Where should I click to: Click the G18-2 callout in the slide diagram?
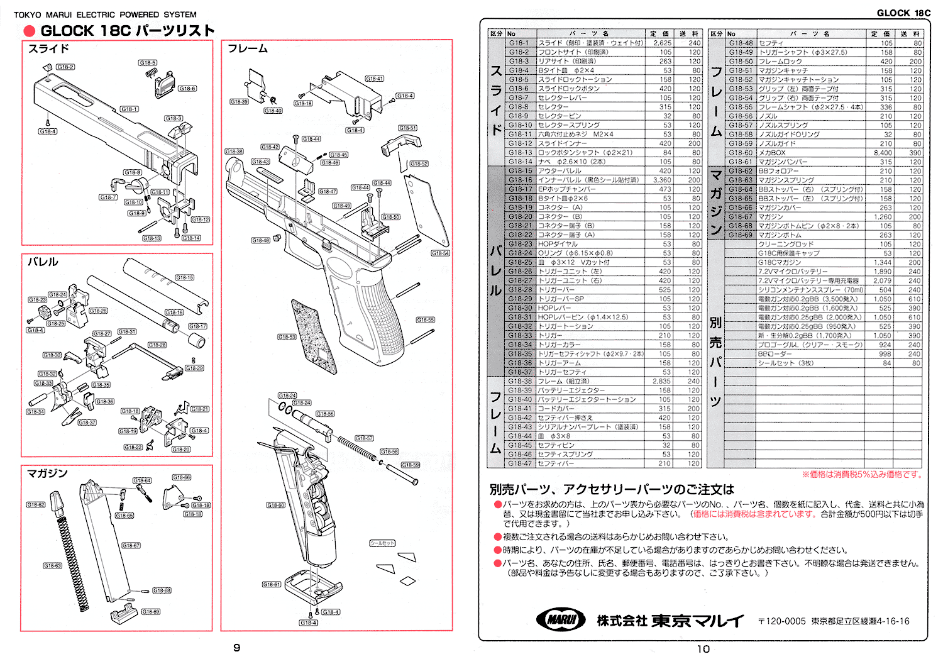pos(65,67)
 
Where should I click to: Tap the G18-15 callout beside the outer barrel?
pos(184,277)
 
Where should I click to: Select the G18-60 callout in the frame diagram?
pos(275,505)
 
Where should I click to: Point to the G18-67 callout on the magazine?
pos(131,546)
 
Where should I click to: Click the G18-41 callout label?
pos(374,79)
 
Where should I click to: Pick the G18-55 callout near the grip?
pos(426,320)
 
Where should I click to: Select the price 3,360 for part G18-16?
pos(661,180)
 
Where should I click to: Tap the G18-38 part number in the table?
pos(520,381)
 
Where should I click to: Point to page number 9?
pos(236,648)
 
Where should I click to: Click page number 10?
pos(703,649)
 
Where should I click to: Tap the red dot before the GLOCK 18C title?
pos(29,31)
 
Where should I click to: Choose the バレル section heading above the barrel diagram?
pos(43,262)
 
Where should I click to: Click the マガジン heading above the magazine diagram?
pos(47,473)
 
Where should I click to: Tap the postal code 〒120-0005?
pos(781,621)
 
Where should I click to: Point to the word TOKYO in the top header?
pos(27,14)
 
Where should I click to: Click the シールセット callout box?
pos(382,543)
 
